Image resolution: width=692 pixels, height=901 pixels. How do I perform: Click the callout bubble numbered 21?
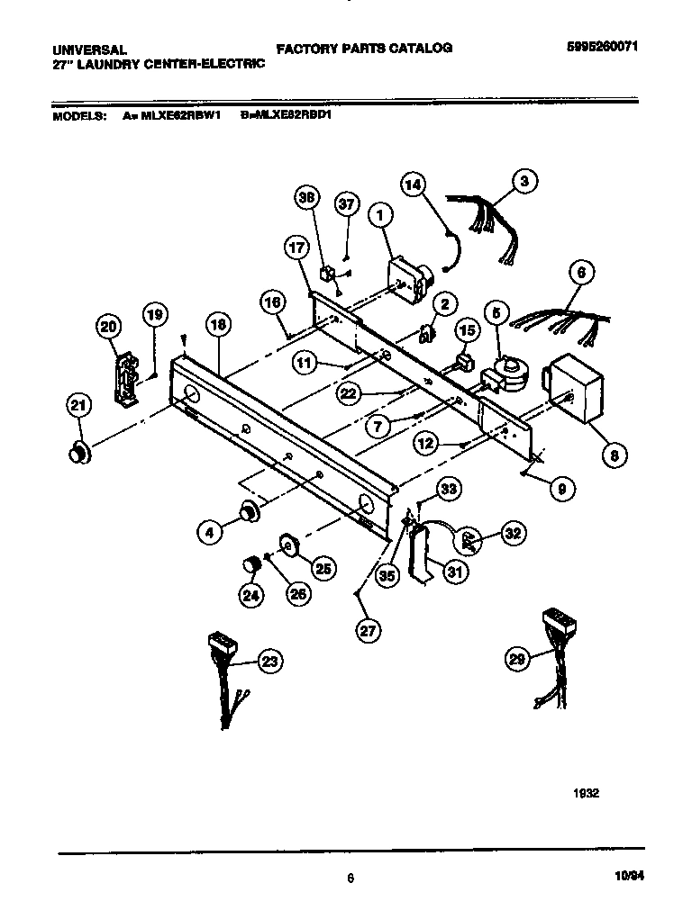coord(78,407)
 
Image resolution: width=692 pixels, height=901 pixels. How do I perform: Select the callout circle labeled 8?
coord(614,455)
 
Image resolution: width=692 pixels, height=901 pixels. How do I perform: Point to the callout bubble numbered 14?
coord(412,185)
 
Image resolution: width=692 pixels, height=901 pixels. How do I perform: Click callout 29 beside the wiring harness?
coord(515,661)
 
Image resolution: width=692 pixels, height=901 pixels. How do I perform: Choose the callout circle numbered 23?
coord(269,662)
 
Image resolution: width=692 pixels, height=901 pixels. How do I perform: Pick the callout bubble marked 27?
coord(367,631)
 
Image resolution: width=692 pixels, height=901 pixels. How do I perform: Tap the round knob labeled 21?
coord(79,453)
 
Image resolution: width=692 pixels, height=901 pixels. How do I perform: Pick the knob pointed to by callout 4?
coord(246,512)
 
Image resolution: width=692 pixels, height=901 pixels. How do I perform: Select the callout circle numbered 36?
coord(308,200)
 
